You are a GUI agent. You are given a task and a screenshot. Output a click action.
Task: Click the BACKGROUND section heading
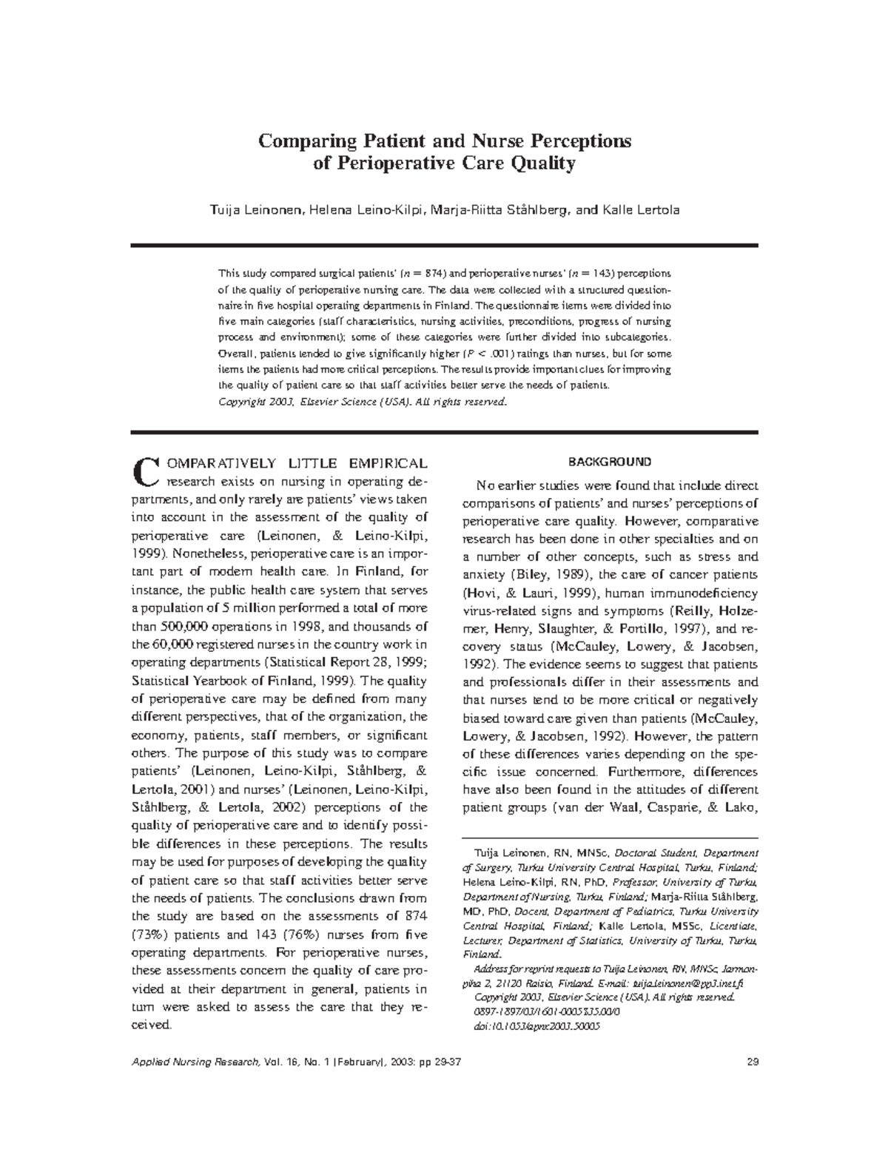click(610, 462)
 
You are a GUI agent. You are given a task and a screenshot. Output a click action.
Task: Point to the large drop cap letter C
click(147, 471)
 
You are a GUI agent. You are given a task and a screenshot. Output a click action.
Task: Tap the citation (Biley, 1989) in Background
click(546, 575)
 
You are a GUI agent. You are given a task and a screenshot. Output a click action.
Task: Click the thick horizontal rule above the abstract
click(444, 245)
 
